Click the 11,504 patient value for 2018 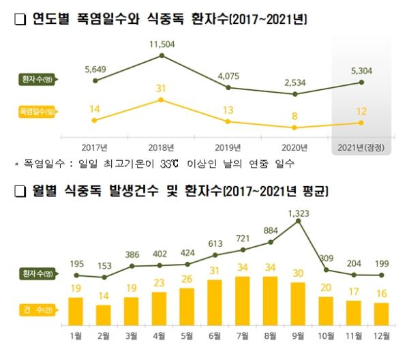pos(161,45)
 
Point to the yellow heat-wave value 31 pos(161,88)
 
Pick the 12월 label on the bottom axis pos(381,335)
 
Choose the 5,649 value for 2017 pos(96,67)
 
